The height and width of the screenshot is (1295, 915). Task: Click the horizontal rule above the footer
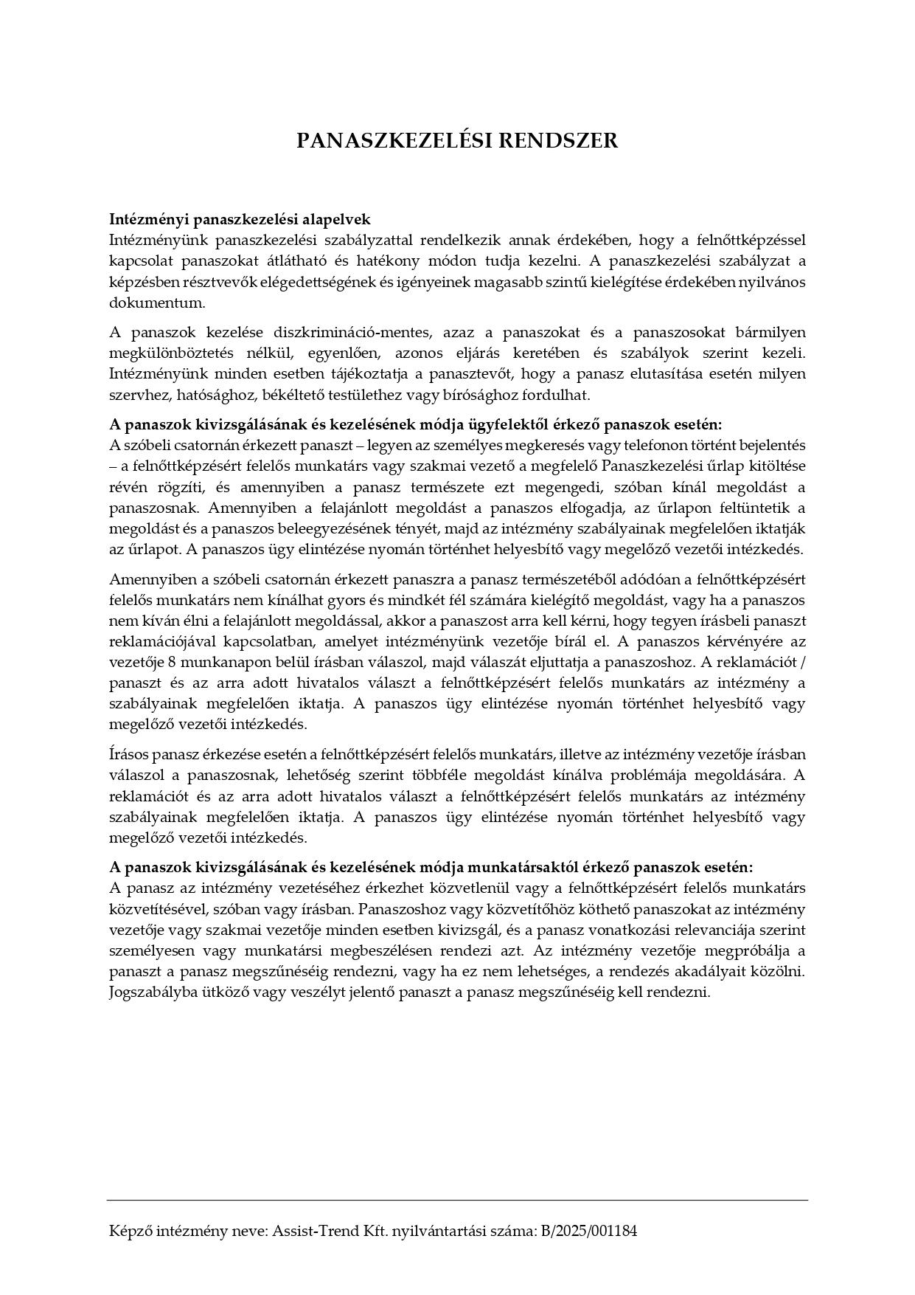457,1200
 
